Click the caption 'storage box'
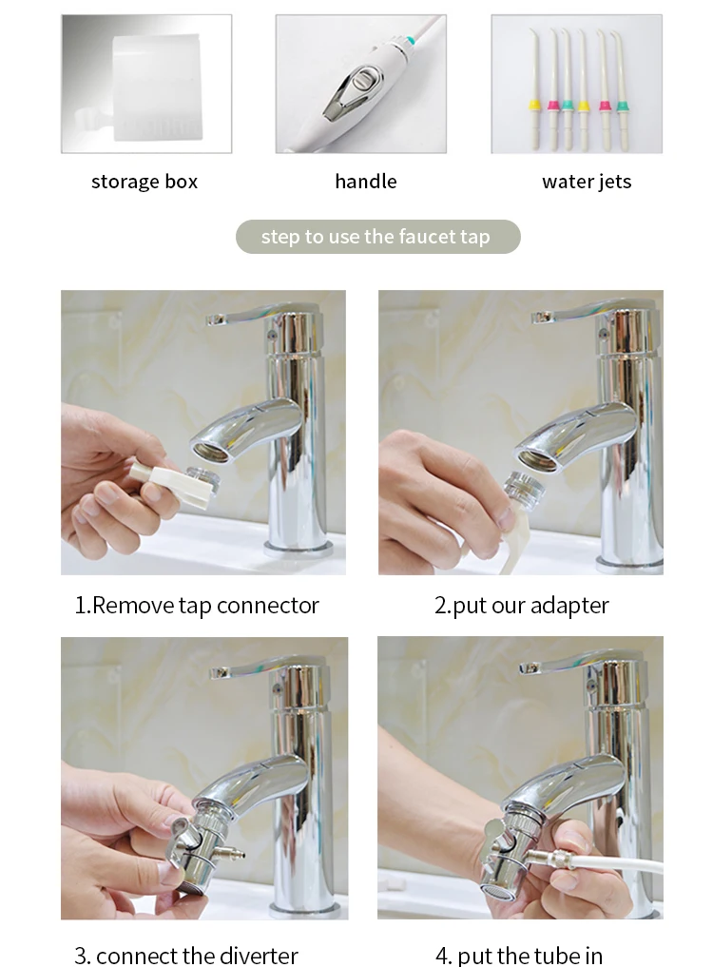coord(145,182)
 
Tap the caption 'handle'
coord(366,182)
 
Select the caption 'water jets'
coord(587,182)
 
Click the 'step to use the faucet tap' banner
coord(378,237)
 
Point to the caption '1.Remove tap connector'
coord(197,606)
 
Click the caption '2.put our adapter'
coord(521,606)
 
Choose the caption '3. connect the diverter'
coord(186,956)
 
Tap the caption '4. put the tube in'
coord(519,956)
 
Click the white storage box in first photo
coord(157,87)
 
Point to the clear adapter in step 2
coord(524,485)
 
